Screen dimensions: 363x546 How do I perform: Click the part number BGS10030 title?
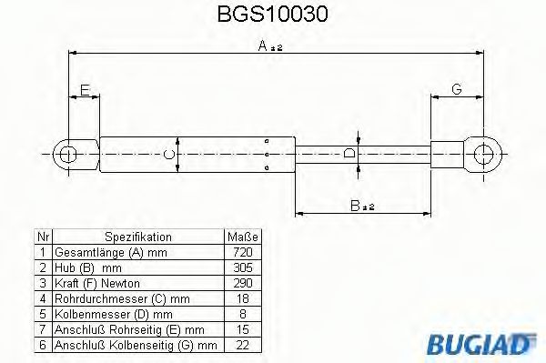[273, 15]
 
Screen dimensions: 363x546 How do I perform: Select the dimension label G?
[456, 88]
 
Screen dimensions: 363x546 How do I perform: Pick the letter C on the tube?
[167, 155]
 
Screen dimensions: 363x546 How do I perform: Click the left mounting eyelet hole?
[66, 154]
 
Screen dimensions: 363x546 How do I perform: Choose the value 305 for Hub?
[240, 267]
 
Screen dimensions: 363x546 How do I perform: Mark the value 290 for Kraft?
[240, 284]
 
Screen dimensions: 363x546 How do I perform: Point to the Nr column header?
[41, 235]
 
